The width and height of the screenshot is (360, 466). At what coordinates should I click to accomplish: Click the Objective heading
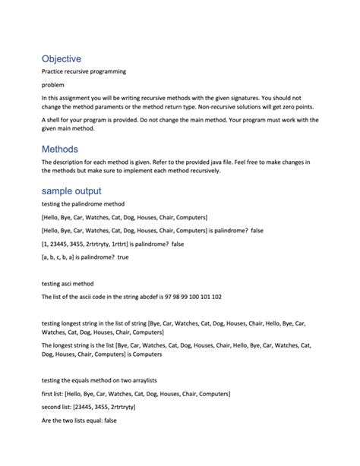61,58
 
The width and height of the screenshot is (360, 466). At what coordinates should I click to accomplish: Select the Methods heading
59,149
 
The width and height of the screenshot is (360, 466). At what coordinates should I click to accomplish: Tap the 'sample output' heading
71,190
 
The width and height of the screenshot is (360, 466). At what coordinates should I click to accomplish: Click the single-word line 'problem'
52,84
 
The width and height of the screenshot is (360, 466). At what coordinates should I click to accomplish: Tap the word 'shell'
55,119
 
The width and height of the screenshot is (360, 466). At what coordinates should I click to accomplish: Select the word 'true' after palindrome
124,257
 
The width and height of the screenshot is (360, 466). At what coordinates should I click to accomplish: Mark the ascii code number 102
216,297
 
